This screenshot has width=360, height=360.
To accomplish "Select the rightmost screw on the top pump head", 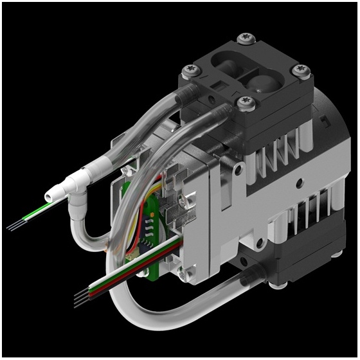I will coord(301,70).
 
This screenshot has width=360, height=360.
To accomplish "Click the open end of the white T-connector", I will coord(49,194).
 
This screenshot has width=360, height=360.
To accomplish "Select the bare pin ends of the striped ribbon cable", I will coord(80,301).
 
